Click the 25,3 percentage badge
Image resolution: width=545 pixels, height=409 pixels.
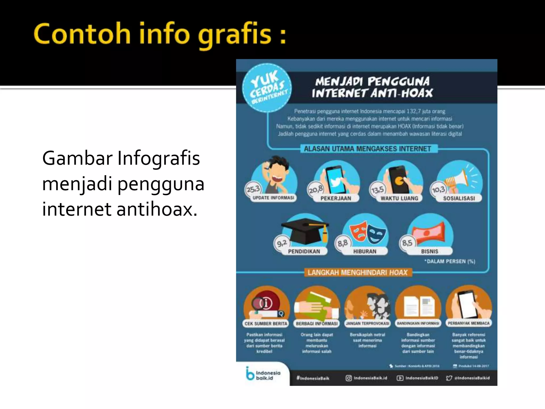pos(253,189)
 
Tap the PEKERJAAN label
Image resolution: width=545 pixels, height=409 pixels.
pos(336,198)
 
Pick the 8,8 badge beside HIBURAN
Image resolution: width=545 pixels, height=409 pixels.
pos(342,243)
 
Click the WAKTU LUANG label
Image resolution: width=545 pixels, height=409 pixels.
pos(399,198)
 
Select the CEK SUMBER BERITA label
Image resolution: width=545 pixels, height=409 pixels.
pos(266,324)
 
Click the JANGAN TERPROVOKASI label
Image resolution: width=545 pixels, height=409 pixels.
pos(367,324)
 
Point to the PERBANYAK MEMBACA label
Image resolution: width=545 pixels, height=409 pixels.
pos(469,323)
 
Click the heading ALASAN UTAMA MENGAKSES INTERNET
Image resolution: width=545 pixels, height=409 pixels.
pos(367,149)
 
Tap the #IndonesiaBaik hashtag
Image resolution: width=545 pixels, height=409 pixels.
pos(313,378)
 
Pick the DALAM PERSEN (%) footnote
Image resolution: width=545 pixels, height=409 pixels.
pos(450,261)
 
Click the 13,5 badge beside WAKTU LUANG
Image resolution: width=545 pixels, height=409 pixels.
pos(377,190)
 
